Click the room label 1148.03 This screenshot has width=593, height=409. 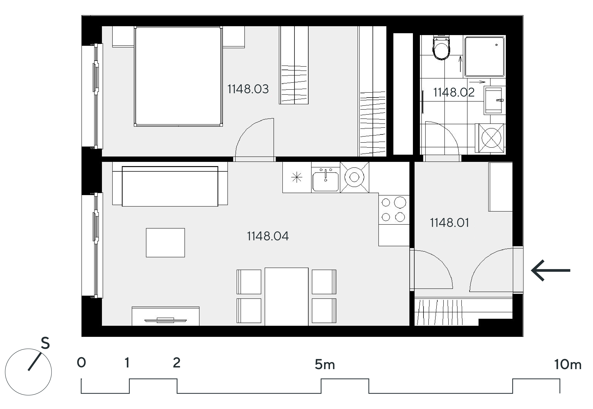tap(248, 89)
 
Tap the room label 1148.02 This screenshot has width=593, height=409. tap(454, 92)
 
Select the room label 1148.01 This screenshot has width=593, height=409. tap(449, 223)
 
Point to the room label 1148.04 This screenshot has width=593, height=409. tap(268, 236)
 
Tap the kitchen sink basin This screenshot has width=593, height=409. tap(326, 181)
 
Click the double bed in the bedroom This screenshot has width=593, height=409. tap(178, 76)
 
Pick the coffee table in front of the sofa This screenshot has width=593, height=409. tap(165, 242)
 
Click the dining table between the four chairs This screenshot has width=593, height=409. tap(286, 296)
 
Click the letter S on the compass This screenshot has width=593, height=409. tap(45, 343)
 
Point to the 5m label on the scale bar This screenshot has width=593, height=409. tap(325, 364)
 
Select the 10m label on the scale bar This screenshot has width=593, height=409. tap(568, 364)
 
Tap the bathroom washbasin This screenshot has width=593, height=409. tap(493, 100)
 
